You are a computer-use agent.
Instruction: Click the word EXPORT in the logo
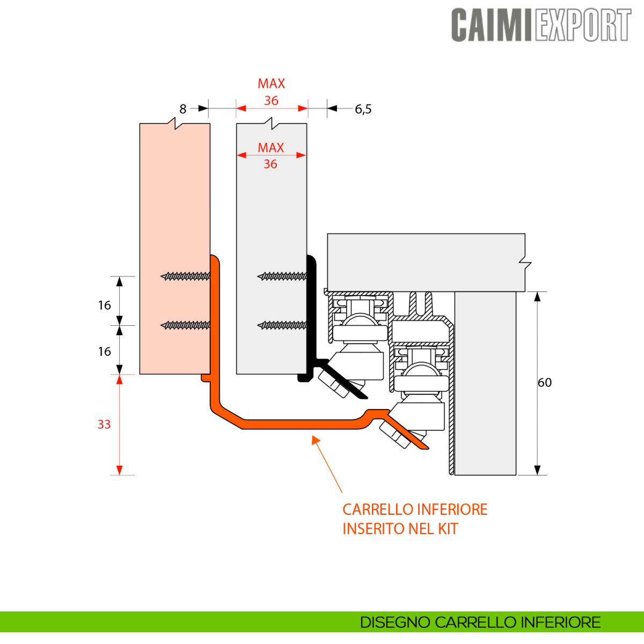point(583,25)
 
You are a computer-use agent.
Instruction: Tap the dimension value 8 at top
point(183,109)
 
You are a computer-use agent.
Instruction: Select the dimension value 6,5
point(363,109)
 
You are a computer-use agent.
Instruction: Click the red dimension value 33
point(104,425)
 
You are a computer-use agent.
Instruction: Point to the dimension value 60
point(545,383)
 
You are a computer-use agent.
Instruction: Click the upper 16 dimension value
point(105,305)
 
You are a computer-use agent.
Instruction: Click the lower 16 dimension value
point(105,352)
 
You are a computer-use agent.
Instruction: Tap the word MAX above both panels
point(272,84)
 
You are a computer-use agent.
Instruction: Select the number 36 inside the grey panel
point(270,164)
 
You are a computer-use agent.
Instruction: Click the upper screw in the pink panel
point(186,276)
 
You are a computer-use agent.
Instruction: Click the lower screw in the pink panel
point(186,325)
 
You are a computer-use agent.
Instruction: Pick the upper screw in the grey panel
point(283,276)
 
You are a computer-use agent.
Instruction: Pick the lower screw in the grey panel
point(283,325)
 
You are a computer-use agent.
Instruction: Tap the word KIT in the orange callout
point(448,529)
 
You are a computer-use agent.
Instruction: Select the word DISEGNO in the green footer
point(395,623)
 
